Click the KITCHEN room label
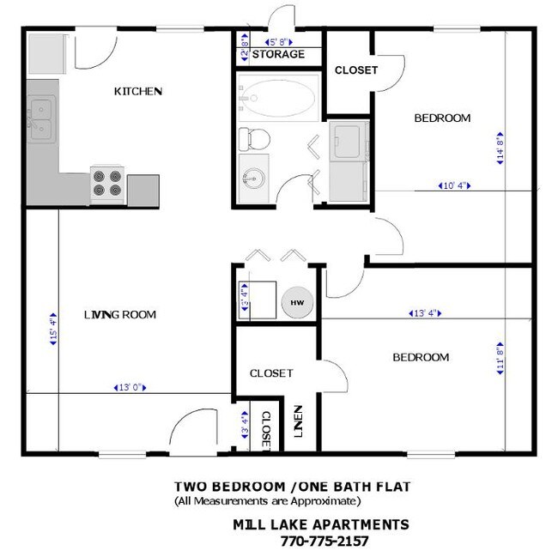(x=138, y=91)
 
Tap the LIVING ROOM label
(x=120, y=315)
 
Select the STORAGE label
(x=277, y=55)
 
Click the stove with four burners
(x=109, y=184)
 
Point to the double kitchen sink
(x=41, y=119)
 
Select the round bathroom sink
(x=253, y=178)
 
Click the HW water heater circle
(x=297, y=303)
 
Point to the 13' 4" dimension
(x=423, y=313)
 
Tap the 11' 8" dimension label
(x=499, y=354)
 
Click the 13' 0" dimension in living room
(x=127, y=388)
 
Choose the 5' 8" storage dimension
(x=280, y=40)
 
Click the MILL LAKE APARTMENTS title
(x=320, y=524)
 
